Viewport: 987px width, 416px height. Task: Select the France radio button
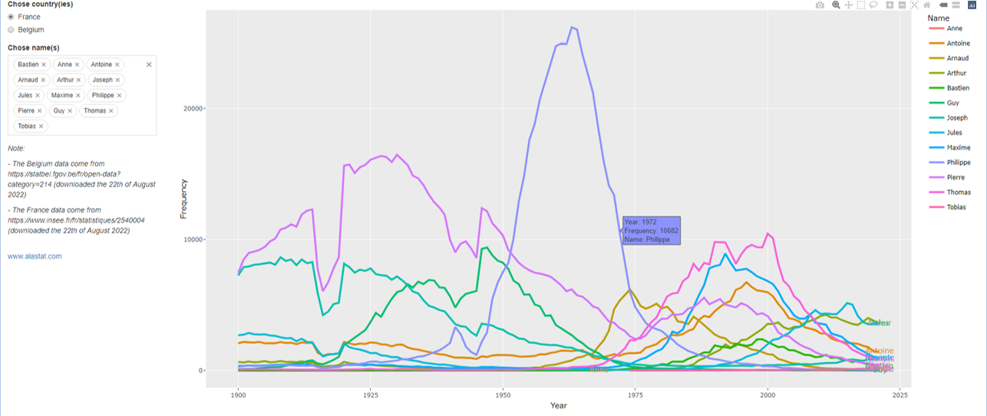[11, 17]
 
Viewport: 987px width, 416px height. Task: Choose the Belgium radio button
[11, 30]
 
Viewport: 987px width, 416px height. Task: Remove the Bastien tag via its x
[44, 64]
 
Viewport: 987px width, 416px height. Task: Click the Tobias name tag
[28, 126]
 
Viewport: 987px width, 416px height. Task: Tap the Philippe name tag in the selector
[102, 95]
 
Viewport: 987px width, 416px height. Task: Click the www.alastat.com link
[35, 256]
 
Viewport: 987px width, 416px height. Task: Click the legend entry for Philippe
[959, 163]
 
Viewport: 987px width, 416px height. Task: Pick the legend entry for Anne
[955, 28]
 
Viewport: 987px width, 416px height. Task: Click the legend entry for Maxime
[959, 147]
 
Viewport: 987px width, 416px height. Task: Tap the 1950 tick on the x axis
[503, 395]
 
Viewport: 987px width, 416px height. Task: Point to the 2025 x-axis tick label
[900, 395]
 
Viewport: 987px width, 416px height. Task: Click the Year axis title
[558, 406]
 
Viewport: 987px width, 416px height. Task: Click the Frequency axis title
[183, 199]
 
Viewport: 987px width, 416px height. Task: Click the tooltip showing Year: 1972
[651, 230]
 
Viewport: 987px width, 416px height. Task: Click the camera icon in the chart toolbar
[820, 5]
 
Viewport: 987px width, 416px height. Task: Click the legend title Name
[938, 18]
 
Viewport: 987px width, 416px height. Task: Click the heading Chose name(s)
[34, 48]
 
